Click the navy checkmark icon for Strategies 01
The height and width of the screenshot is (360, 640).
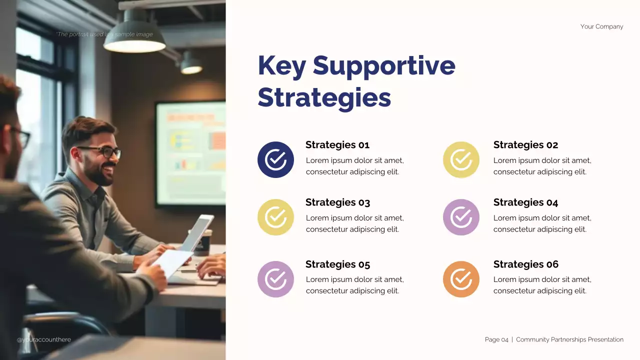tap(275, 159)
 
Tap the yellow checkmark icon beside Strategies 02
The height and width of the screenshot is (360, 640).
tap(461, 159)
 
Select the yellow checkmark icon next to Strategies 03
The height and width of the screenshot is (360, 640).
tap(275, 217)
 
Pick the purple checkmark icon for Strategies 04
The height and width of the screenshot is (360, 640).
tap(461, 217)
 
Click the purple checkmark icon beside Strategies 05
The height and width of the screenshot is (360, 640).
tap(275, 279)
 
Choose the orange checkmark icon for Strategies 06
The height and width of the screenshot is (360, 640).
tap(461, 279)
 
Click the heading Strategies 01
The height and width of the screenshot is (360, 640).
tap(337, 145)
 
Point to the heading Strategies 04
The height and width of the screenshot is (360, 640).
tap(525, 202)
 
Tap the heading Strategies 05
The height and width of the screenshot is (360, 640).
tap(337, 264)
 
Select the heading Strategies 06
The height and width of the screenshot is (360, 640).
tap(525, 264)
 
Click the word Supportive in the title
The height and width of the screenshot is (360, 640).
tap(384, 66)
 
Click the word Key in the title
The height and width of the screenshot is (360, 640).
tap(281, 66)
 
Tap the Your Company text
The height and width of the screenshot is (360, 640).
tap(601, 26)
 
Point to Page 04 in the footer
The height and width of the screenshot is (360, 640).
tap(496, 339)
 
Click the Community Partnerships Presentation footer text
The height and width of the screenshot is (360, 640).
tap(569, 339)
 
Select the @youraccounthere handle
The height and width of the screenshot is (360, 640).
tap(44, 339)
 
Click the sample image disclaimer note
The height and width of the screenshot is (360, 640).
tap(104, 34)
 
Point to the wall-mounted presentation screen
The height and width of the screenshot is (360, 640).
tap(190, 153)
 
